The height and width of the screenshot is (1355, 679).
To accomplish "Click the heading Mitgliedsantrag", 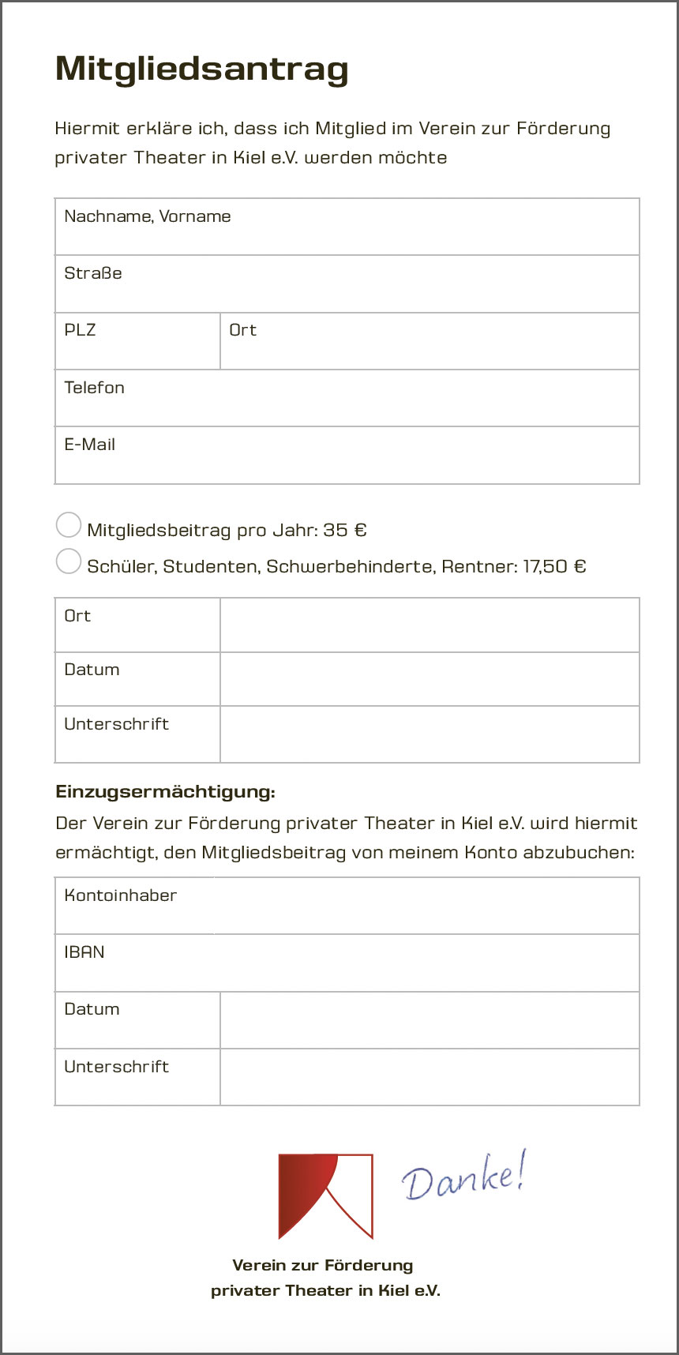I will [202, 69].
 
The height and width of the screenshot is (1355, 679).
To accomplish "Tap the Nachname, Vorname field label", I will [148, 216].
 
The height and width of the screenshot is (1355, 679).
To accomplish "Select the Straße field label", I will [93, 273].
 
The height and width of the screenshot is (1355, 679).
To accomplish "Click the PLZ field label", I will [80, 330].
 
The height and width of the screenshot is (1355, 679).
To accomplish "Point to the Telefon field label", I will [94, 388].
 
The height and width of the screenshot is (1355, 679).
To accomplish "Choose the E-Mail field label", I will [89, 445].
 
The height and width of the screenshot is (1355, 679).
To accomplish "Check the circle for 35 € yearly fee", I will [69, 525].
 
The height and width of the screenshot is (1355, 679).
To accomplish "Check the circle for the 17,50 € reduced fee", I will [69, 561].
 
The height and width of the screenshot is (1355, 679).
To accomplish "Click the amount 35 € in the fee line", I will [345, 530].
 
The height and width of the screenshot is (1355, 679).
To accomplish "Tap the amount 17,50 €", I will [554, 566].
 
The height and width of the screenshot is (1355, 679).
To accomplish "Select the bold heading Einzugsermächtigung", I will [165, 792].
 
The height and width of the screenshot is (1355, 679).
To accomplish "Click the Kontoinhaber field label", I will [120, 895].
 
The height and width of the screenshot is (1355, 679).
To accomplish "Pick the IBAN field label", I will [84, 952].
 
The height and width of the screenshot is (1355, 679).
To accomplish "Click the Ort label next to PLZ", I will [242, 330].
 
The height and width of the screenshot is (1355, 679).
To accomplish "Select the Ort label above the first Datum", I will [77, 616].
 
